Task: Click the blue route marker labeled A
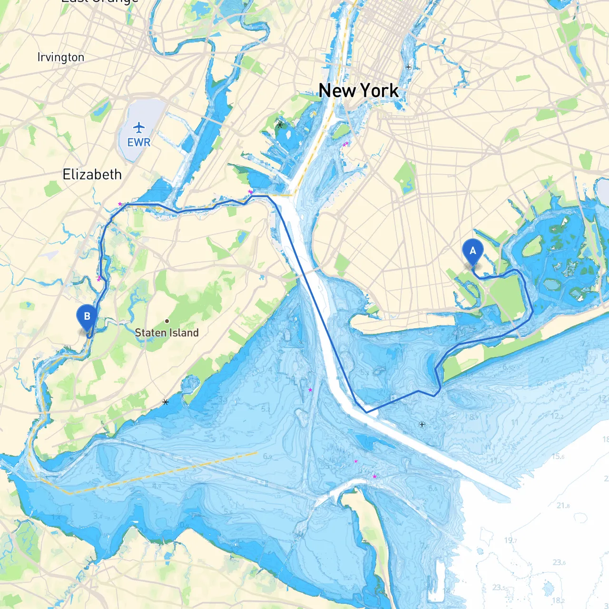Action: [472, 251]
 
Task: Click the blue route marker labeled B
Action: [87, 316]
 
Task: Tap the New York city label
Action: [358, 90]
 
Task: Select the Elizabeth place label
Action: [92, 175]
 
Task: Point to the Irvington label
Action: [61, 58]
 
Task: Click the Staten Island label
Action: [167, 333]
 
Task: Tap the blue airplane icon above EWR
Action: [138, 128]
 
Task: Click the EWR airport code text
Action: [138, 142]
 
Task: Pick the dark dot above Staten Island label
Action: [167, 321]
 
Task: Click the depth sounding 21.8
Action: [563, 505]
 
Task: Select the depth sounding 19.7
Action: [511, 540]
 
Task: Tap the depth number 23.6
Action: [559, 562]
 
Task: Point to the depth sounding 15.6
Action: [558, 456]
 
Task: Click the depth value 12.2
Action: [557, 416]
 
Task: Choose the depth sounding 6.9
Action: [267, 457]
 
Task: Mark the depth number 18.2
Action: [558, 600]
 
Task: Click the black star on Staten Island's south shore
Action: [166, 402]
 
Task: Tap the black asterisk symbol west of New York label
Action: [280, 125]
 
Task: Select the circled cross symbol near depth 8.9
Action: [422, 424]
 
